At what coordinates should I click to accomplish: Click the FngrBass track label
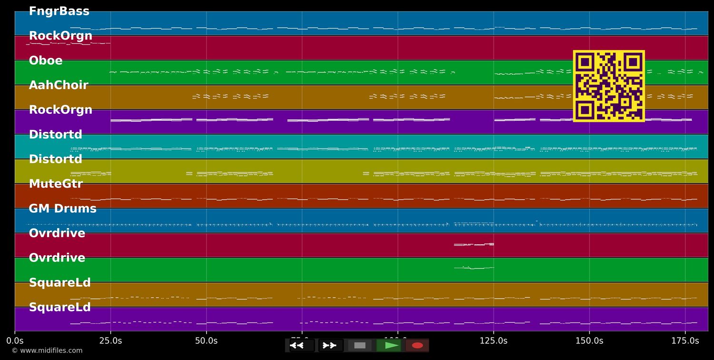coord(59,11)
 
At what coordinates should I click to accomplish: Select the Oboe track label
coord(46,61)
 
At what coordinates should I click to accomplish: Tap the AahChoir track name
coord(59,86)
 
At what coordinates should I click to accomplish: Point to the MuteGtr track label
coord(56,184)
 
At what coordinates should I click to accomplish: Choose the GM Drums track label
coord(62,209)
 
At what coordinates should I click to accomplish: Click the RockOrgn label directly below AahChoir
coord(60,110)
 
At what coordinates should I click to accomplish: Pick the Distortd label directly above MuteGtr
coord(56,160)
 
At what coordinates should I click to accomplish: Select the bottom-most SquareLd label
coord(59,308)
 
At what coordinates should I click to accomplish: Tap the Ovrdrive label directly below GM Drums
coord(57,233)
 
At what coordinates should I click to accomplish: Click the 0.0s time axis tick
coord(15,341)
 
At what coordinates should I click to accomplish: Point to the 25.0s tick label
coord(110,341)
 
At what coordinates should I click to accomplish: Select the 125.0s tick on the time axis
coord(494,341)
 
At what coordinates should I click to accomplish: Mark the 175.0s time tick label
coord(685,341)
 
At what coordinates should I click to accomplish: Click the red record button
coord(417,345)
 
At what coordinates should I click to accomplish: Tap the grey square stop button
coord(360,345)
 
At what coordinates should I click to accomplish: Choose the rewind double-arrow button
coord(297,345)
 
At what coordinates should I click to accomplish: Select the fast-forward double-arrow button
coord(330,345)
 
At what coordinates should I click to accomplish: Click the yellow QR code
coord(609,86)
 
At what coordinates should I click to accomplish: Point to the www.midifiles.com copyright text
coord(47,351)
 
